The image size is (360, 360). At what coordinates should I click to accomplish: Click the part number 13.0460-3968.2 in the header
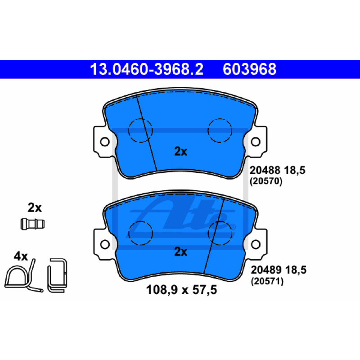[x=147, y=69]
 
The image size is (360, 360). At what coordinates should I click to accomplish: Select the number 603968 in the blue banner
[x=249, y=69]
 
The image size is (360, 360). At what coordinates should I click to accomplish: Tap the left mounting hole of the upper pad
[x=105, y=142]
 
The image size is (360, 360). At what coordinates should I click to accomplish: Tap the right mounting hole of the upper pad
[x=256, y=142]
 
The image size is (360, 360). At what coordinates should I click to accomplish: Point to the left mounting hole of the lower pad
[x=105, y=244]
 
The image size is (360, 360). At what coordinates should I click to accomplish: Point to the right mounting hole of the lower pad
[x=256, y=244]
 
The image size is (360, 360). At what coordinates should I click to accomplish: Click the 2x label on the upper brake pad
[x=181, y=151]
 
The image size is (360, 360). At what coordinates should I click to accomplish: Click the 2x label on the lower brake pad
[x=181, y=252]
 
